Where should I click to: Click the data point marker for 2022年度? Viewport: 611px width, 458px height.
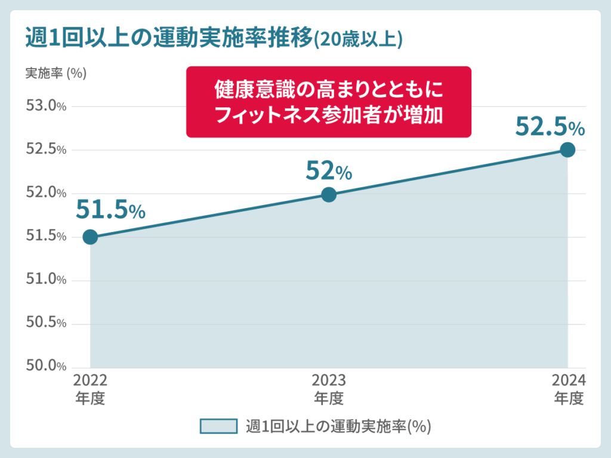[x=90, y=237]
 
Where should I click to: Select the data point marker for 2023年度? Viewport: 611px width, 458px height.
[x=329, y=194]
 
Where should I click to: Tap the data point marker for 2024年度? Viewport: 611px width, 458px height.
[x=567, y=150]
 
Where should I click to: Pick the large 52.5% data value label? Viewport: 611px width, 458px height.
[x=550, y=127]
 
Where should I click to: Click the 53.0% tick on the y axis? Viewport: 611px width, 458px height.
[x=45, y=106]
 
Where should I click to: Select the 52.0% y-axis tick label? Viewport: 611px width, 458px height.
[x=45, y=193]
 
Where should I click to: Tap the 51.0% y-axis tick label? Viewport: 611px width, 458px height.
[x=45, y=280]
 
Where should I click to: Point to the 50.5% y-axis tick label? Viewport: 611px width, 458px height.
[x=45, y=323]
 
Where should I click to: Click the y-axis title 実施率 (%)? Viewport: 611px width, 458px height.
[x=55, y=73]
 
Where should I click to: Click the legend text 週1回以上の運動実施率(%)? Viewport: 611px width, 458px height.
[x=338, y=426]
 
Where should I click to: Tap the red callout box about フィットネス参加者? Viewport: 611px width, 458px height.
[x=329, y=102]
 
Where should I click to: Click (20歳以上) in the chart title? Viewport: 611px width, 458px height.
[x=358, y=39]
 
